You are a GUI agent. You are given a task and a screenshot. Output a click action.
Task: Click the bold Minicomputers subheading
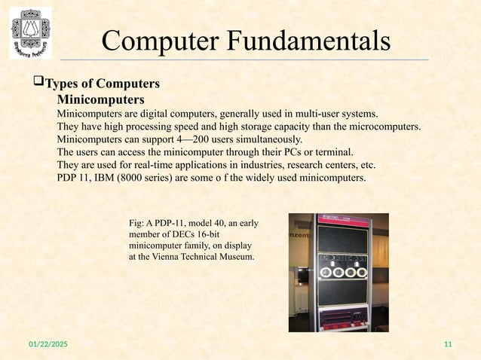101,99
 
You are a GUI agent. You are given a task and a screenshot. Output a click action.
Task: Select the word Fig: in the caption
138,223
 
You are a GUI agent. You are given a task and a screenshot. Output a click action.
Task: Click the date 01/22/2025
43,344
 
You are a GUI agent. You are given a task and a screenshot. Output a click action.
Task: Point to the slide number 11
449,344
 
